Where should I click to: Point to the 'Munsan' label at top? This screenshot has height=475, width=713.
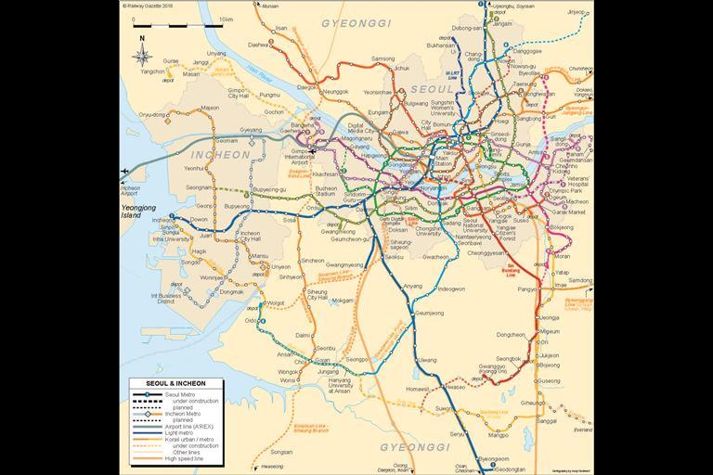[x=270, y=6]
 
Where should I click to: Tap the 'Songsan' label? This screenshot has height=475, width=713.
[x=280, y=452]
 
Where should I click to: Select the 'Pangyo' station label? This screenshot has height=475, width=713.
[x=527, y=289]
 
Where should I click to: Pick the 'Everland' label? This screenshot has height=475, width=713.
[x=582, y=430]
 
